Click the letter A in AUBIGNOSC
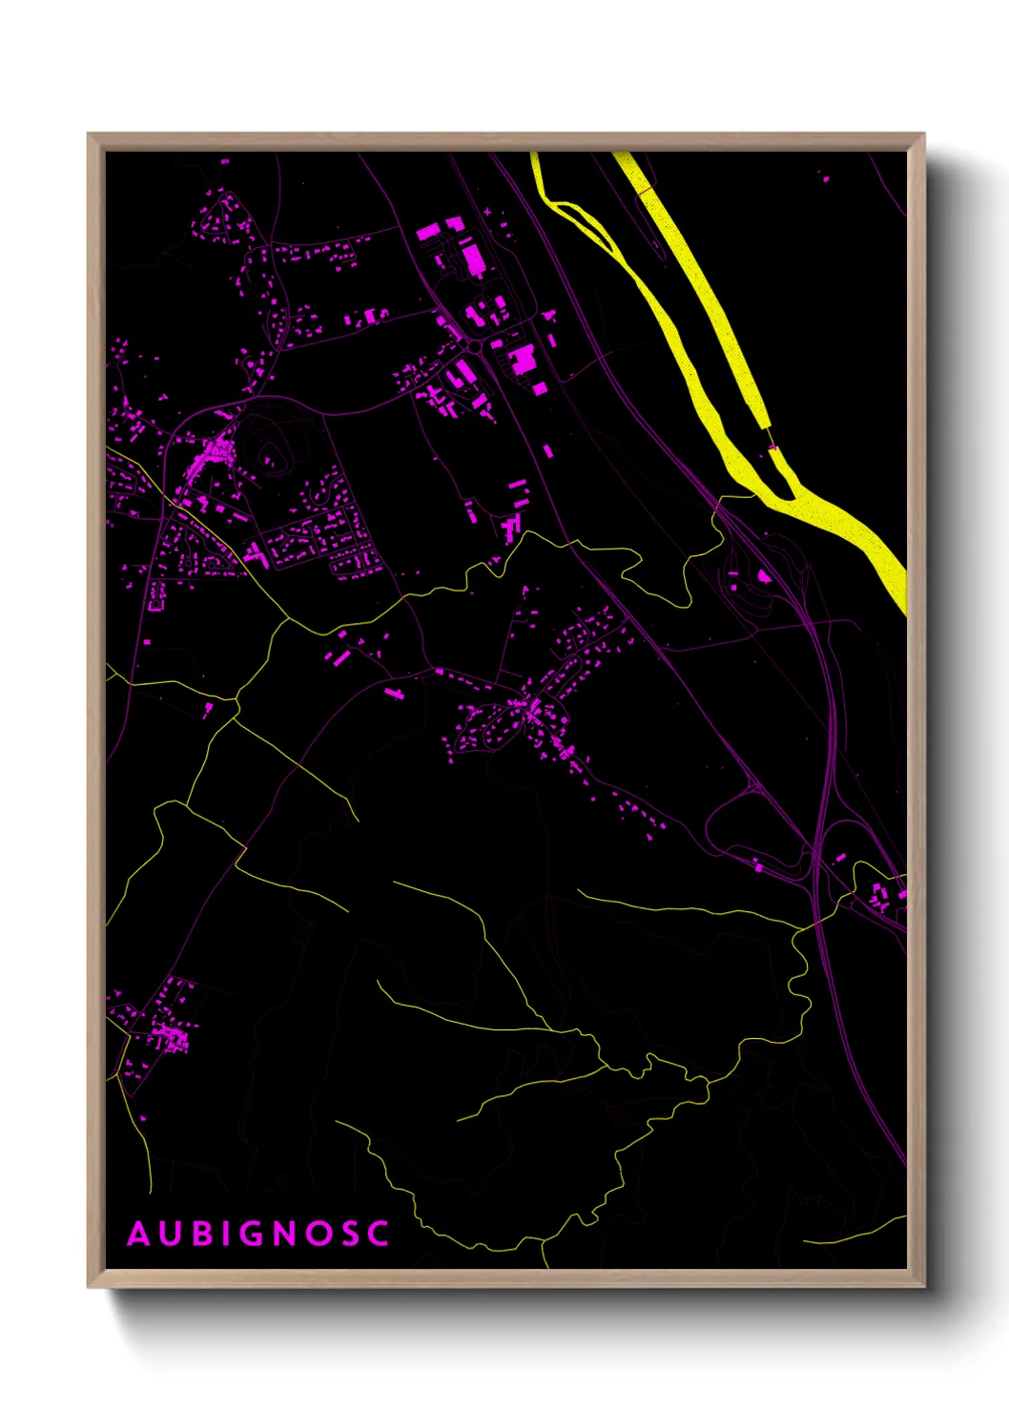point(139,1234)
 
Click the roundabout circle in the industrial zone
point(474,348)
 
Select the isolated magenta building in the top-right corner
point(826,177)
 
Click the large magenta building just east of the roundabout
point(522,360)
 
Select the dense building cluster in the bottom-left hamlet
point(170,1035)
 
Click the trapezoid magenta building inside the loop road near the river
point(764,576)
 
